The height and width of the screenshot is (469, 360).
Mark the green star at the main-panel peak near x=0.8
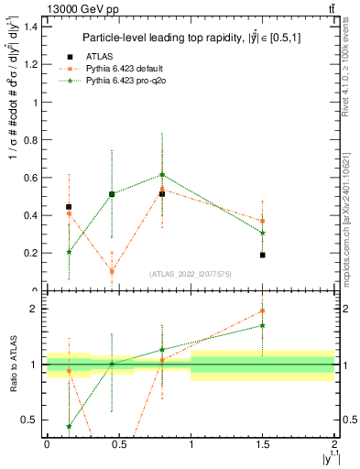[x=162, y=174]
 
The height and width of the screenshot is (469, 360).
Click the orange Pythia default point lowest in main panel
[x=112, y=271]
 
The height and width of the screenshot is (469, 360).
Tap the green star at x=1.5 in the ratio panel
[x=263, y=325]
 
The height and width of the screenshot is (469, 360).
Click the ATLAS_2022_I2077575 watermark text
[x=190, y=273]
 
